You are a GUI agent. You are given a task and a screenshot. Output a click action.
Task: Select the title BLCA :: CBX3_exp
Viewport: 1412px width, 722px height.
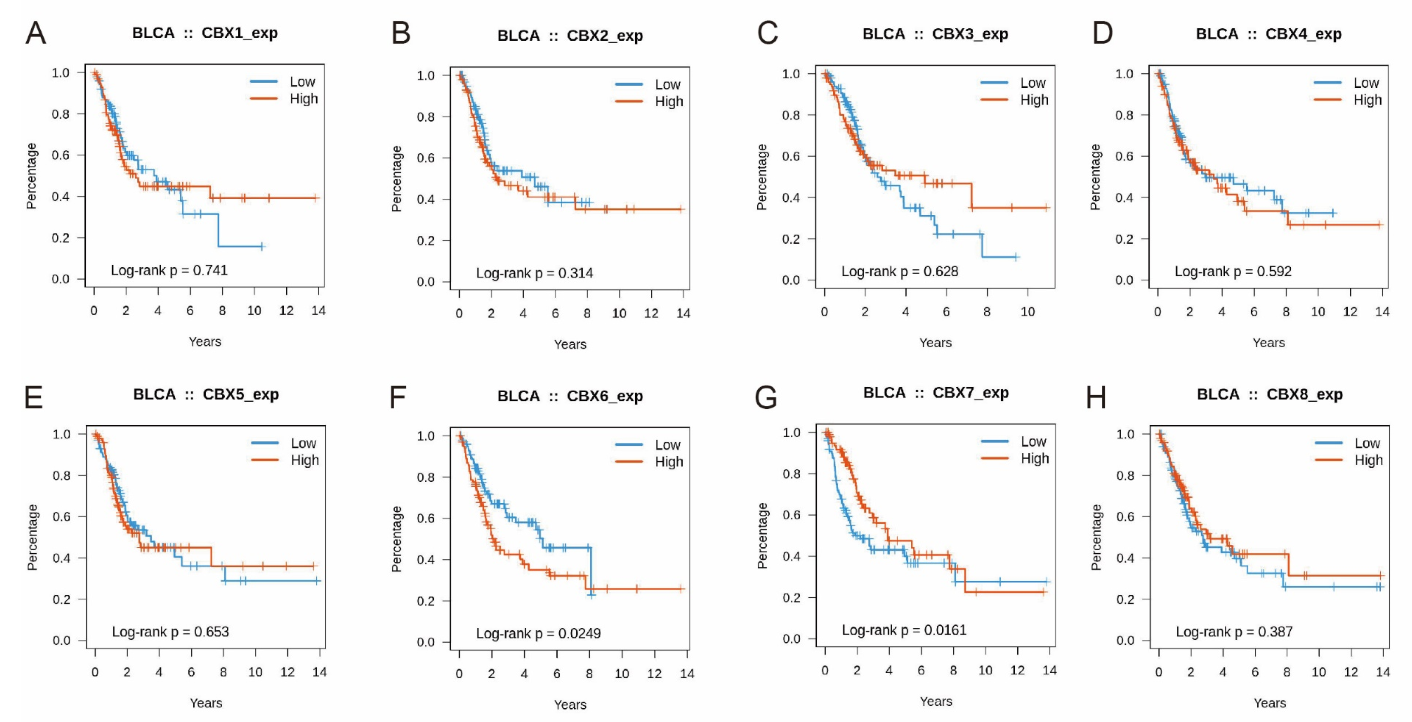(x=935, y=34)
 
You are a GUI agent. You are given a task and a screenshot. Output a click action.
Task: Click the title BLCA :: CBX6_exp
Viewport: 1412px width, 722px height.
(x=570, y=396)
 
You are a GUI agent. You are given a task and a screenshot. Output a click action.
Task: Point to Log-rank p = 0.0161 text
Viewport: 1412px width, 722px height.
(x=904, y=630)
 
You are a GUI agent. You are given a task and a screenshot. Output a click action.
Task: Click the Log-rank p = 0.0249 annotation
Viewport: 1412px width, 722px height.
(x=538, y=633)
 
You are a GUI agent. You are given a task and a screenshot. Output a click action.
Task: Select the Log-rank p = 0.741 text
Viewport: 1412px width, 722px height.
(x=169, y=270)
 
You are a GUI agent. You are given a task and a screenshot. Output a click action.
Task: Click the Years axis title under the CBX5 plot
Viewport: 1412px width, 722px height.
(x=206, y=703)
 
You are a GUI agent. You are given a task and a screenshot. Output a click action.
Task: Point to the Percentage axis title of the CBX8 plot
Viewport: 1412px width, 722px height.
(x=1096, y=537)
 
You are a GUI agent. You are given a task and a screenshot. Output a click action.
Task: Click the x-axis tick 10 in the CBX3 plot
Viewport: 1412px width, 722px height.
(x=1027, y=312)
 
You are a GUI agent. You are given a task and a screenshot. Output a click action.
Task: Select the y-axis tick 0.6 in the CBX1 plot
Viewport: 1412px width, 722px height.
(x=60, y=155)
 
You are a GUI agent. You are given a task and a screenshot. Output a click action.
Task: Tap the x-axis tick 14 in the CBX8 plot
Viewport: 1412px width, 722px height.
(x=1383, y=672)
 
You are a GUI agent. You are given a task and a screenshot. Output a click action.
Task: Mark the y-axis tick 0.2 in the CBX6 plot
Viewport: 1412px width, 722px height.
(x=426, y=601)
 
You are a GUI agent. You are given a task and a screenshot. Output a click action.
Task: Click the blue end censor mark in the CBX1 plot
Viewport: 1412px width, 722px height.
(x=262, y=247)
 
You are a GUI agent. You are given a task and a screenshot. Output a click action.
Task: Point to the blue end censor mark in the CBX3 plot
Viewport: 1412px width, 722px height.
(x=1016, y=257)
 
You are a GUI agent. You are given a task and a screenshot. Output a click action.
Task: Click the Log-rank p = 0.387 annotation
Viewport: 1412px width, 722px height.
(x=1234, y=632)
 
